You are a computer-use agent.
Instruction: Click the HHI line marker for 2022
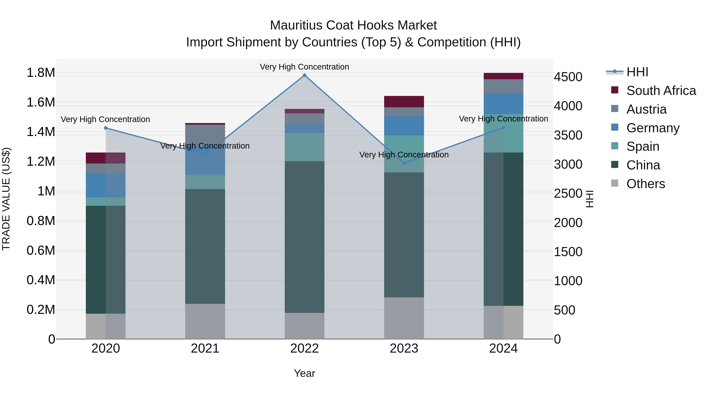pos(304,75)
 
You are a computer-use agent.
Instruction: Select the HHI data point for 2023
pos(404,163)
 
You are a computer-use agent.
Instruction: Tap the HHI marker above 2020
pos(106,128)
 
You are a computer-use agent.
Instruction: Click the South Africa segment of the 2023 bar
pos(404,102)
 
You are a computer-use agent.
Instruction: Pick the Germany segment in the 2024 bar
pos(503,104)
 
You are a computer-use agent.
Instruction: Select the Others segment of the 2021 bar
pos(205,321)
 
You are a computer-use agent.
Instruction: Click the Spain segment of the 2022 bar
pos(304,147)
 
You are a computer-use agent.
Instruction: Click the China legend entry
pos(643,165)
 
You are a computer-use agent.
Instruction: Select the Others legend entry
pos(646,184)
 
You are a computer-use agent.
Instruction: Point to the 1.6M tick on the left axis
pos(41,102)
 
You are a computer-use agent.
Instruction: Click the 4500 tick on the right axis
pos(568,77)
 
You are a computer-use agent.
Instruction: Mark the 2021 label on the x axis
pos(205,348)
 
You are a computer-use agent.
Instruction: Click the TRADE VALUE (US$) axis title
pos(6,199)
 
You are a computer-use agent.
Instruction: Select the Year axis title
pos(304,373)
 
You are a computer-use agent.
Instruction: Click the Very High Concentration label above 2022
pos(304,67)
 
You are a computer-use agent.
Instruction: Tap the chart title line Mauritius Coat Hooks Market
pos(353,25)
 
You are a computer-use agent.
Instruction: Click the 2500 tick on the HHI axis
pos(568,193)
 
